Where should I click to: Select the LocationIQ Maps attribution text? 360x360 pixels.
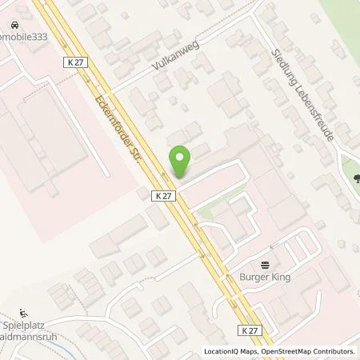click(230, 351)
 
